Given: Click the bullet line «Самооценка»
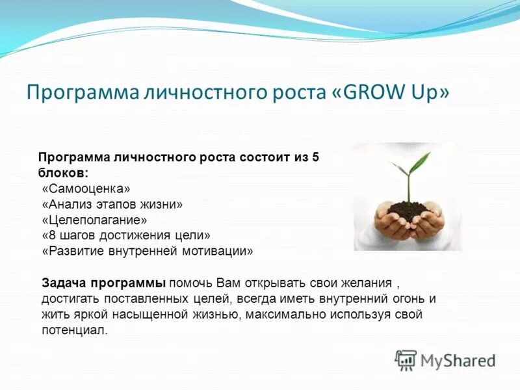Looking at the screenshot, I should pyautogui.click(x=86, y=189).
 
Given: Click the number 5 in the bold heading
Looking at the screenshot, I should pyautogui.click(x=315, y=158).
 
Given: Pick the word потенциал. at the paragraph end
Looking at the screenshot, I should pyautogui.click(x=74, y=330).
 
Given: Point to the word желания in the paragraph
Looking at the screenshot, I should pyautogui.click(x=368, y=283).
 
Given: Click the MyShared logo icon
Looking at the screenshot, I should pyautogui.click(x=406, y=359).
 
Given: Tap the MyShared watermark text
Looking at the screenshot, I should pyautogui.click(x=458, y=360).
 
